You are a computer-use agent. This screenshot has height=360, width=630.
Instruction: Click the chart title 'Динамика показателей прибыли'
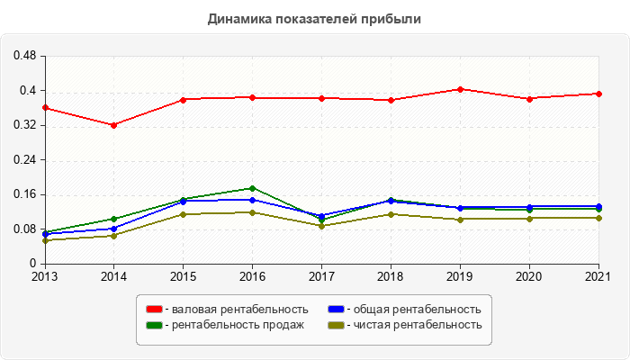(314, 18)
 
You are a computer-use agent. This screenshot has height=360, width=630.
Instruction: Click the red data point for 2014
(113, 125)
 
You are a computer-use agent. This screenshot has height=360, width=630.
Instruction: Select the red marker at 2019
(460, 89)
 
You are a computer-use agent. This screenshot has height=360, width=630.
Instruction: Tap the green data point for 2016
(252, 188)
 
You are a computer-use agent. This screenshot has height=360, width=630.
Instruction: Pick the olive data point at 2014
(113, 236)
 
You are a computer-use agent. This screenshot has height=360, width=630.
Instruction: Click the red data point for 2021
(598, 94)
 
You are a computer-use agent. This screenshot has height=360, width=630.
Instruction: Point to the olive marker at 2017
(321, 226)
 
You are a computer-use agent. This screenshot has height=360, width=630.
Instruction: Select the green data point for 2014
(113, 219)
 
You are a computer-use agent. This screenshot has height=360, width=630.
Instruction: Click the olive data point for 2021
(598, 218)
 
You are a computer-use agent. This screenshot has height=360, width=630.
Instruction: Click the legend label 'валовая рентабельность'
(237, 310)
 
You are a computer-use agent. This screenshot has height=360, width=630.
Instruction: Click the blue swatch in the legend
(336, 310)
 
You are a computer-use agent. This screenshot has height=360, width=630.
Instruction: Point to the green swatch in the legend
(154, 324)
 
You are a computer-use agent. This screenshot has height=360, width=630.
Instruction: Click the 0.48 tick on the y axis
(24, 56)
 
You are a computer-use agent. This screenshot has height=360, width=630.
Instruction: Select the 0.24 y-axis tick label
(24, 160)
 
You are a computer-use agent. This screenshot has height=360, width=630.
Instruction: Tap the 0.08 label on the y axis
(24, 229)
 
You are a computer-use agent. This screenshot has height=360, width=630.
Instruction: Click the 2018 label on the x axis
(391, 275)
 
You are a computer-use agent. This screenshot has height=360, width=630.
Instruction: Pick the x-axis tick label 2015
(183, 275)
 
